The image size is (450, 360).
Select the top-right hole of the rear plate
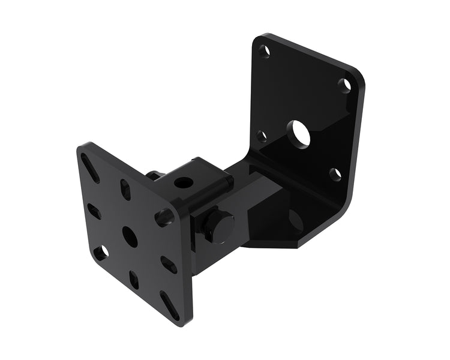click(x=344, y=85)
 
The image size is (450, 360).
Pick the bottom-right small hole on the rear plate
click(x=335, y=174)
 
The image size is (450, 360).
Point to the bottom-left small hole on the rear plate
click(x=261, y=136)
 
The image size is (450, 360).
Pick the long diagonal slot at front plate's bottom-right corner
click(x=169, y=302)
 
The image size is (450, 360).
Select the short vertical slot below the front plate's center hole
click(x=134, y=279)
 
